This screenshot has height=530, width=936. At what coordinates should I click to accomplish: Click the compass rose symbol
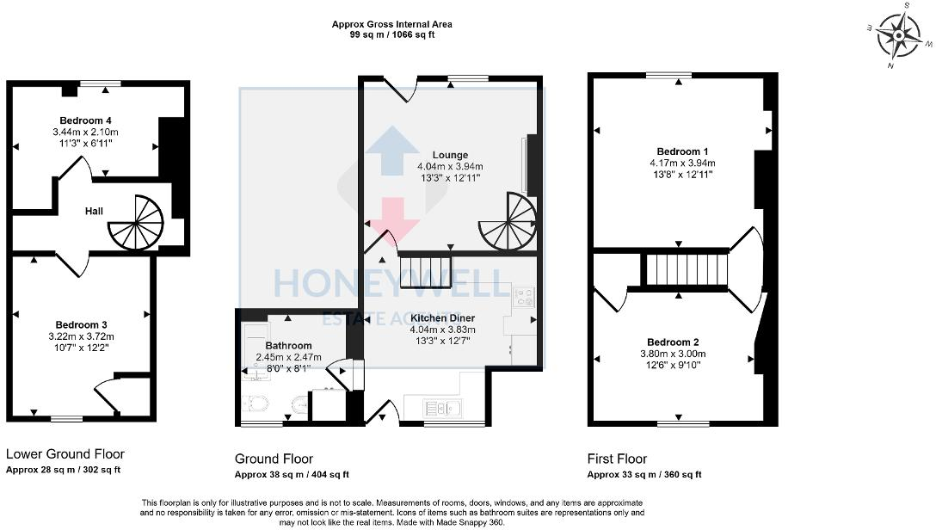point(901,35)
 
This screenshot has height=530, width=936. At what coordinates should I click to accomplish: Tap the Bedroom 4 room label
point(86,120)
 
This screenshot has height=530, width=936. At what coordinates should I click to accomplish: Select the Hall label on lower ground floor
point(95,210)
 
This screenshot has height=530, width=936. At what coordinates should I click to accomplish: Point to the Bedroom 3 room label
point(86,324)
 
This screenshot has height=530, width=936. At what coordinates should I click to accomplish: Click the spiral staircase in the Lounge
point(507,221)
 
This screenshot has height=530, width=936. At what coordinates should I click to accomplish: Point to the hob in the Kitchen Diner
point(523,298)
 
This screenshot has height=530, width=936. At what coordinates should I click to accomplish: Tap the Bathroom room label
point(288,346)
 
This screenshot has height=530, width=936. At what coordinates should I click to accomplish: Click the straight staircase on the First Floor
point(687,269)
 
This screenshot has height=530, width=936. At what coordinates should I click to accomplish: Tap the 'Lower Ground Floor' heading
point(65,454)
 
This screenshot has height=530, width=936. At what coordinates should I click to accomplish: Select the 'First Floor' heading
point(617,459)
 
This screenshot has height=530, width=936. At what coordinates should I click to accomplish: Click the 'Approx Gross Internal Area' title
point(391,24)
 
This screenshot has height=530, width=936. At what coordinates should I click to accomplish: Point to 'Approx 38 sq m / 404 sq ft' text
point(292,475)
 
